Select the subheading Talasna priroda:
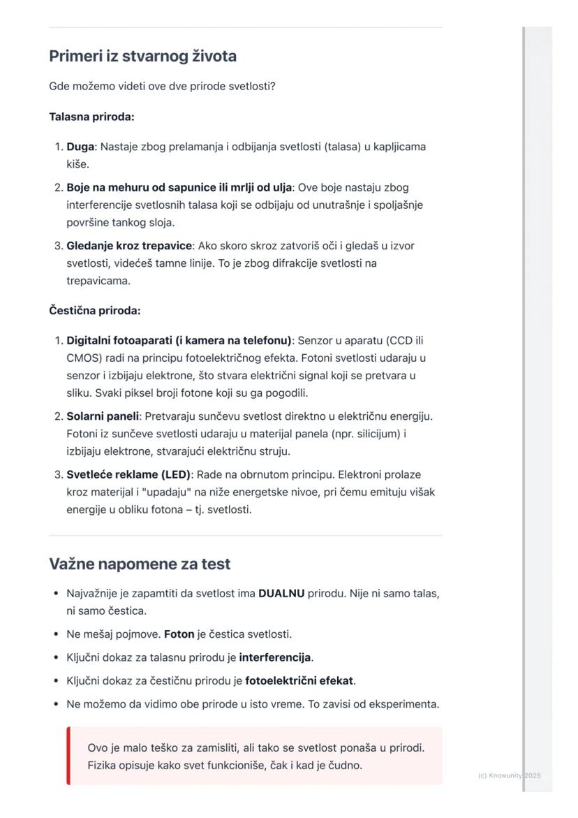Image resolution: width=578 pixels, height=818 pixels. pos(91,117)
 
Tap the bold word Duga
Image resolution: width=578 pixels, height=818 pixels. pos(80,147)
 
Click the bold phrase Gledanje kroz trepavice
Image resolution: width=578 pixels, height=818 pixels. pos(129,246)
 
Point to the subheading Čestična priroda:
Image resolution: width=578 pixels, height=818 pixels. pos(94,310)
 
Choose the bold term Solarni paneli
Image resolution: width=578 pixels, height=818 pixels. pos(103,416)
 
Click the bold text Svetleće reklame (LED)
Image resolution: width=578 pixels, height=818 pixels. pos(128,475)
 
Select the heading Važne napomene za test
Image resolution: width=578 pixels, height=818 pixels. pos(140,564)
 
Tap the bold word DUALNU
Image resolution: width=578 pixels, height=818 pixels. pos(281,594)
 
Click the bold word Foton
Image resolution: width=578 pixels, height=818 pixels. pos(179,634)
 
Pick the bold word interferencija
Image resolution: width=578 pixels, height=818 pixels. pos(275,657)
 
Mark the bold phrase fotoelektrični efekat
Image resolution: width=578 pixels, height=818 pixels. pos(300,680)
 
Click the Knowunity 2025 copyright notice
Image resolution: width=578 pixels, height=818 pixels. pos(509,775)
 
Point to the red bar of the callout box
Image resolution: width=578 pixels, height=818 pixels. pos(68,756)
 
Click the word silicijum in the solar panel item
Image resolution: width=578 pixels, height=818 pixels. pos(375,434)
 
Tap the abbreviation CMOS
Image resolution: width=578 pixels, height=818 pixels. pos(84,358)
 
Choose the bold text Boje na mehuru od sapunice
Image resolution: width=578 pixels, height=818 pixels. pos(145,187)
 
